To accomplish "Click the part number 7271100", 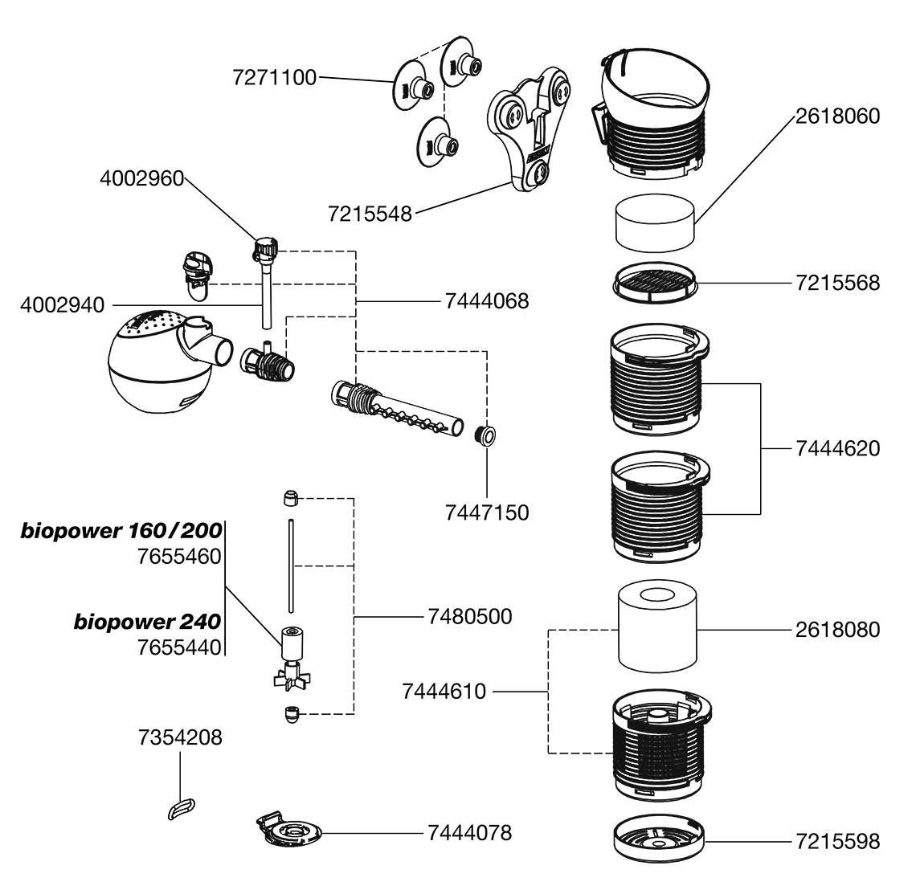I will tap(274, 78).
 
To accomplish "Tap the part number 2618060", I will tap(838, 116).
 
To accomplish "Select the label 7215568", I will tap(838, 283).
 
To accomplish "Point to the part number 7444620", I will tap(838, 448).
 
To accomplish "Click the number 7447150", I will tap(487, 512).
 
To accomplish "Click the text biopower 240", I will tap(148, 622).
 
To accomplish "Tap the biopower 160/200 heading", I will tap(121, 531).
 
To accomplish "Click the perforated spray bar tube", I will tap(398, 409).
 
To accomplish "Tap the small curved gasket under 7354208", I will tap(181, 806).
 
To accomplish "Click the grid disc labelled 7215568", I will tap(654, 285).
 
